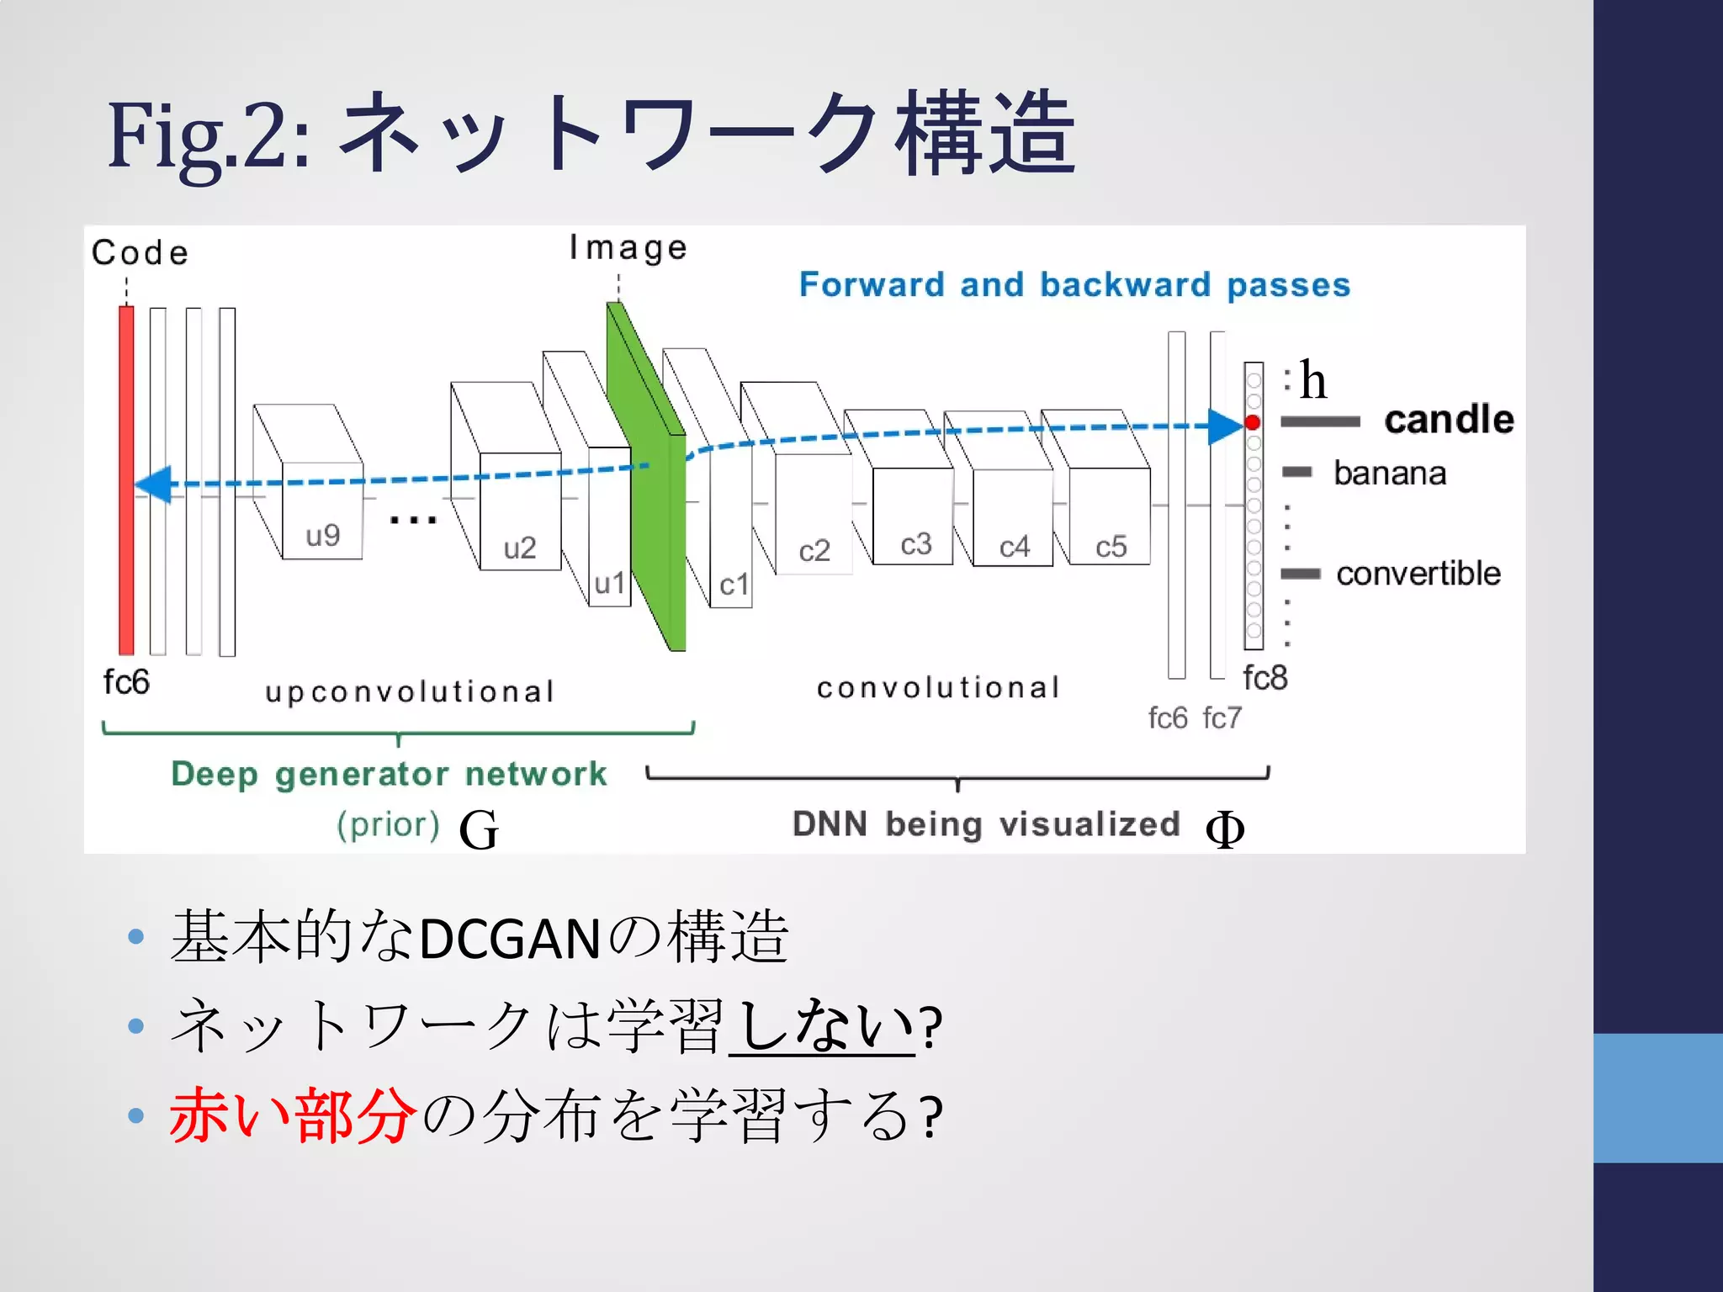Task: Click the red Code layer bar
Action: pos(126,480)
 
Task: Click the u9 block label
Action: pos(323,535)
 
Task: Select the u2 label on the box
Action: pos(520,548)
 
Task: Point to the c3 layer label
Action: pos(916,544)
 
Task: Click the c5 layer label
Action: pos(1111,547)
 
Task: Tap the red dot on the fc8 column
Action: pos(1253,422)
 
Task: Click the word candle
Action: pos(1449,419)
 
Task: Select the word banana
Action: pos(1390,473)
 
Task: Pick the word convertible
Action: pos(1418,574)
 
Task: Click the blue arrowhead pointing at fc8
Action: pos(1225,426)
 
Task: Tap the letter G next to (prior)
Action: pos(479,829)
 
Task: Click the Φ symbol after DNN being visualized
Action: pos(1225,829)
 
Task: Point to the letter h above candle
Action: pos(1312,380)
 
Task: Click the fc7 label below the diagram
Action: pos(1222,717)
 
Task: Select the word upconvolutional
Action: pos(410,691)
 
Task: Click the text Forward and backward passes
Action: pos(1074,284)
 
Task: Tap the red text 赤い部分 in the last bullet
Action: pos(293,1116)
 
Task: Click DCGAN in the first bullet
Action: pos(509,939)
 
